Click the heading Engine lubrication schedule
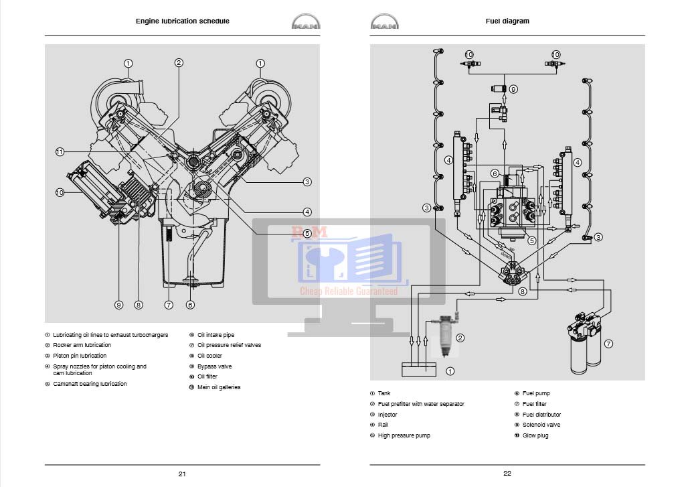pos(182,21)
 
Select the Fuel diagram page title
pos(507,21)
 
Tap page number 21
pos(182,474)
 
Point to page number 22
pos(507,474)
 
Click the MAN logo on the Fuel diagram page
pos(383,23)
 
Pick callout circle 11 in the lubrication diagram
pos(60,152)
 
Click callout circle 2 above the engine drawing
pos(179,63)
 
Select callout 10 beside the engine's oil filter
pos(60,192)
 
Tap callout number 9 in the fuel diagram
pos(513,88)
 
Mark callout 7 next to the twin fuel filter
pos(608,344)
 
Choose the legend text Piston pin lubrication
pos(80,356)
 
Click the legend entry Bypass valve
pos(214,366)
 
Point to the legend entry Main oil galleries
pos(218,387)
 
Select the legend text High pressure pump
pos(404,435)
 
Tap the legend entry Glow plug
pos(535,435)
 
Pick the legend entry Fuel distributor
pos(541,415)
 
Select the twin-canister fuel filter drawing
pos(583,344)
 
